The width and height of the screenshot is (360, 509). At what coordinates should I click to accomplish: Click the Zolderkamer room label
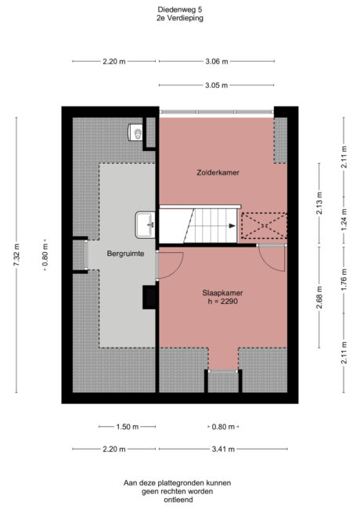pyautogui.click(x=217, y=171)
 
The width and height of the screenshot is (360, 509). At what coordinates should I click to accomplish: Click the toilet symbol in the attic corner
pyautogui.click(x=135, y=132)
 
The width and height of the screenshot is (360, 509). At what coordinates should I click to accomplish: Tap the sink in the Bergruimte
pyautogui.click(x=146, y=224)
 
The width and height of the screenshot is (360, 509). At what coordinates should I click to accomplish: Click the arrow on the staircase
pyautogui.click(x=232, y=225)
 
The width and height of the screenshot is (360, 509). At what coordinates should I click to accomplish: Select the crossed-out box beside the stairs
pyautogui.click(x=262, y=226)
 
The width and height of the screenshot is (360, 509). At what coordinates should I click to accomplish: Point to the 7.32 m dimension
pyautogui.click(x=16, y=254)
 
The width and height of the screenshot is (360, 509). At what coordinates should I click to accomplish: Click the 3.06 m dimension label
pyautogui.click(x=217, y=61)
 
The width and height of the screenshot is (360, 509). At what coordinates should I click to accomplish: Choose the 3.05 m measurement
pyautogui.click(x=217, y=85)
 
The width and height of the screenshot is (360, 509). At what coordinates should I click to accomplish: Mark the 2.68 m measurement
pyautogui.click(x=319, y=298)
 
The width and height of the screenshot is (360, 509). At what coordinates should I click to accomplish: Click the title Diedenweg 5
pyautogui.click(x=180, y=10)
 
